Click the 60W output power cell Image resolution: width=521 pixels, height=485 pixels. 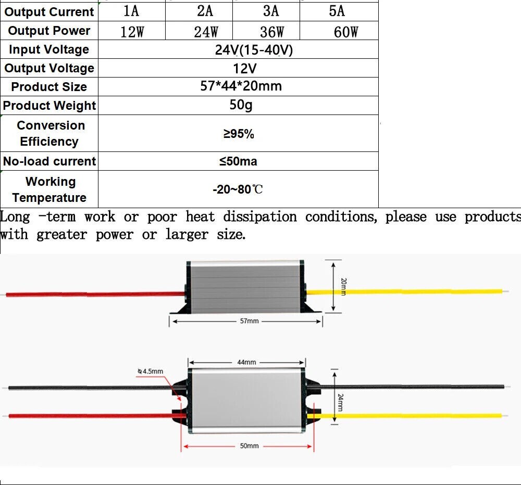click(x=346, y=32)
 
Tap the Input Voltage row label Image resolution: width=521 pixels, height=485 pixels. click(x=49, y=49)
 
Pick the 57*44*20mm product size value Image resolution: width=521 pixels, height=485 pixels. click(x=241, y=86)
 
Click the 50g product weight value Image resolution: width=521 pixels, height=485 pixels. click(x=241, y=105)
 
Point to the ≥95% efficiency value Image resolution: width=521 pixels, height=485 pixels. click(x=239, y=134)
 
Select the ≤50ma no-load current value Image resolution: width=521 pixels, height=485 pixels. click(x=238, y=161)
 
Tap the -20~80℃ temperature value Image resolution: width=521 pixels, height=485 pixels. click(x=238, y=189)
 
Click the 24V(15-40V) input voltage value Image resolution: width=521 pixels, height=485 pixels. click(x=254, y=50)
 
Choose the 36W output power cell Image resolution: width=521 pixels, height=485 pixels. click(x=271, y=32)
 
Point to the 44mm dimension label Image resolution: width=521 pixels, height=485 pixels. click(x=246, y=362)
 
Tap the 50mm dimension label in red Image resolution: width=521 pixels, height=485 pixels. click(x=249, y=446)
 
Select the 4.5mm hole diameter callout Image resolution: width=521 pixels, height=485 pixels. click(x=151, y=371)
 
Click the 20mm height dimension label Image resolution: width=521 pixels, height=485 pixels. click(x=343, y=287)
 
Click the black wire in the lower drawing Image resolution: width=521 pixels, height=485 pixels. click(x=89, y=388)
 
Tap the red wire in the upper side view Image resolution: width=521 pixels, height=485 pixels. click(x=94, y=294)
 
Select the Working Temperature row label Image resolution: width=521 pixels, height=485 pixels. click(x=49, y=189)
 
